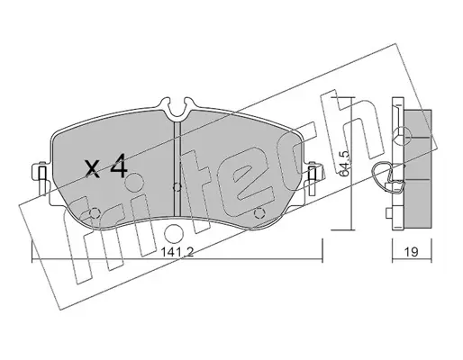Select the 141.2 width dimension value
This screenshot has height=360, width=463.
pos(177,252)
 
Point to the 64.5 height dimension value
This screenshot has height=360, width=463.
pos(345,163)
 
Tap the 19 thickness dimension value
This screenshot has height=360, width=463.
pos(412,252)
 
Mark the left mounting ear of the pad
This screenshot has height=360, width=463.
pos(41,177)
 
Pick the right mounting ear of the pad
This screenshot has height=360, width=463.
pos(313,177)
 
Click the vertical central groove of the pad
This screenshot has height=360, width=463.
pos(177,168)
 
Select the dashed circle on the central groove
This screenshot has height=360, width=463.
pos(177,187)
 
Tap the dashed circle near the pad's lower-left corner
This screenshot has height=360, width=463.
pos(95,213)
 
